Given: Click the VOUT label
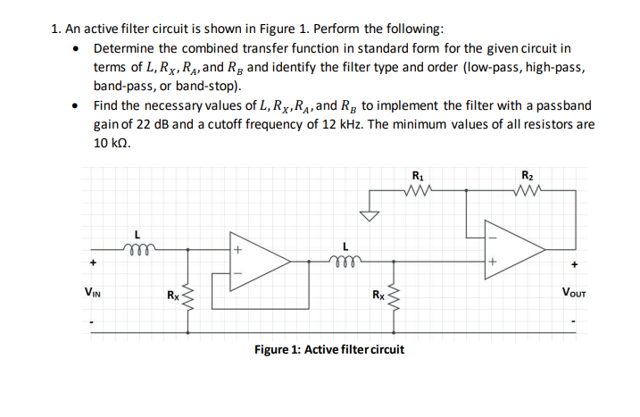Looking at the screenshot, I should coord(576,291).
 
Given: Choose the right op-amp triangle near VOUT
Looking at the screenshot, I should coord(512,249).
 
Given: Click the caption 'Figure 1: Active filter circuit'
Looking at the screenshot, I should coord(328,348).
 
